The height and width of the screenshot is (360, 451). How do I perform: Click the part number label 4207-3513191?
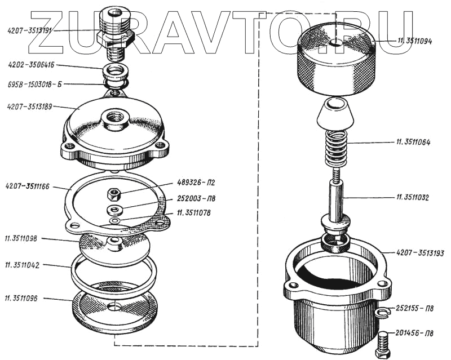[29, 29]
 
